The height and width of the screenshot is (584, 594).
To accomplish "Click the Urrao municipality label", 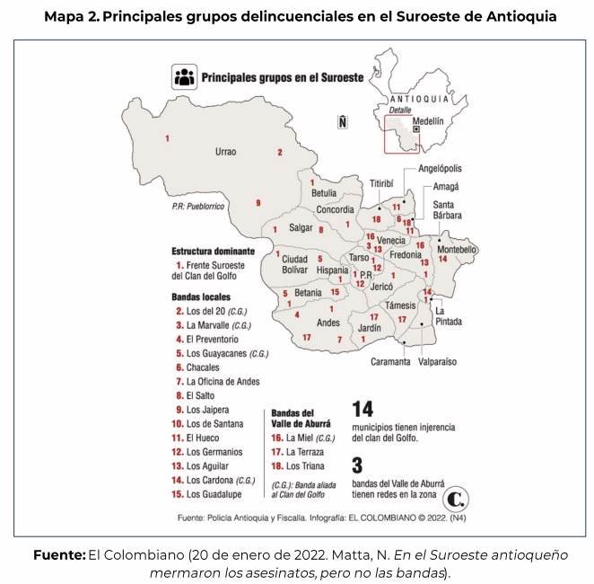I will tap(225, 152).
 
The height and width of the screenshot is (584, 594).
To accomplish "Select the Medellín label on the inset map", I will tap(428, 120).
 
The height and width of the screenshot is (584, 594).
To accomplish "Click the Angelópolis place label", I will tap(439, 169).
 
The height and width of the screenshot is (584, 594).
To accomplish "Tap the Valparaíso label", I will tap(438, 362).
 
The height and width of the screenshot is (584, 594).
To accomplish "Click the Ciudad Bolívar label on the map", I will tap(294, 264).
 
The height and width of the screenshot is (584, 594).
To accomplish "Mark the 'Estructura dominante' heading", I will tap(213, 252).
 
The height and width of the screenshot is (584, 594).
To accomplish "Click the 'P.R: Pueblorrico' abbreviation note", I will tap(198, 207).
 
